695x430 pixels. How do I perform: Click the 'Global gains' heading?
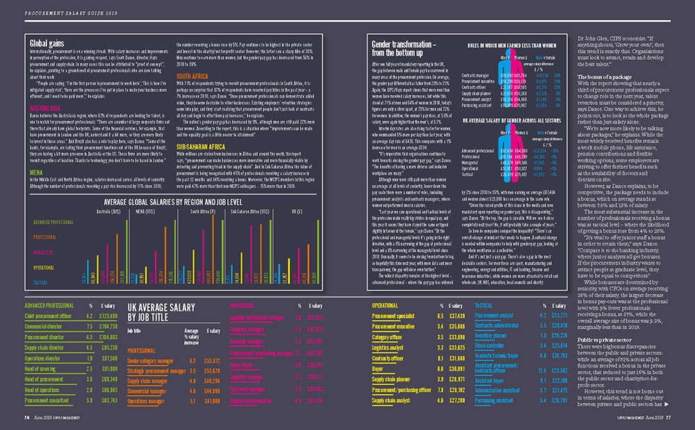[43, 42]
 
